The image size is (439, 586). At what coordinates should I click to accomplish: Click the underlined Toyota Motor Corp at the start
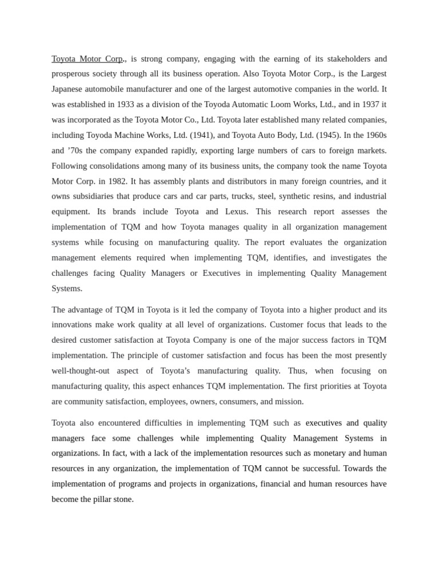point(87,59)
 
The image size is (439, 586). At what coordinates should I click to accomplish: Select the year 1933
point(126,105)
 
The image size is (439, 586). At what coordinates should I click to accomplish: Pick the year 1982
point(117,181)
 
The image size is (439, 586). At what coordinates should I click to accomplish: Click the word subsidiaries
point(94,196)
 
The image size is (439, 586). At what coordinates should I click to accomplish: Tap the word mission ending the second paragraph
point(289,402)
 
